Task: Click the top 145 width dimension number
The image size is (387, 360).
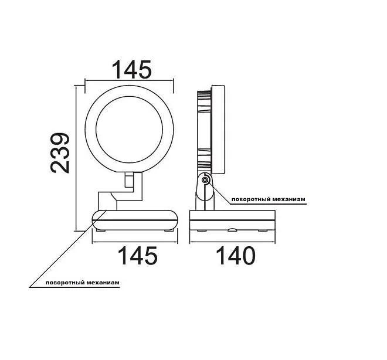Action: [131, 70]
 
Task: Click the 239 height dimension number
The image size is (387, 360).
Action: [60, 153]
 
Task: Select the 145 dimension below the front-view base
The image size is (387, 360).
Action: [138, 256]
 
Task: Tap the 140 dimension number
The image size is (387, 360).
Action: [236, 256]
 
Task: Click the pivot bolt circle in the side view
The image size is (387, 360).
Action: [205, 180]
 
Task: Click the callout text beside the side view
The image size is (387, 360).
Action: [269, 199]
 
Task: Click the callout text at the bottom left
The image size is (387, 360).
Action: [83, 283]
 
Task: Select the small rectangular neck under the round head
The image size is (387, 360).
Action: [129, 180]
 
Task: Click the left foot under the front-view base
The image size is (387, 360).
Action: [101, 230]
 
